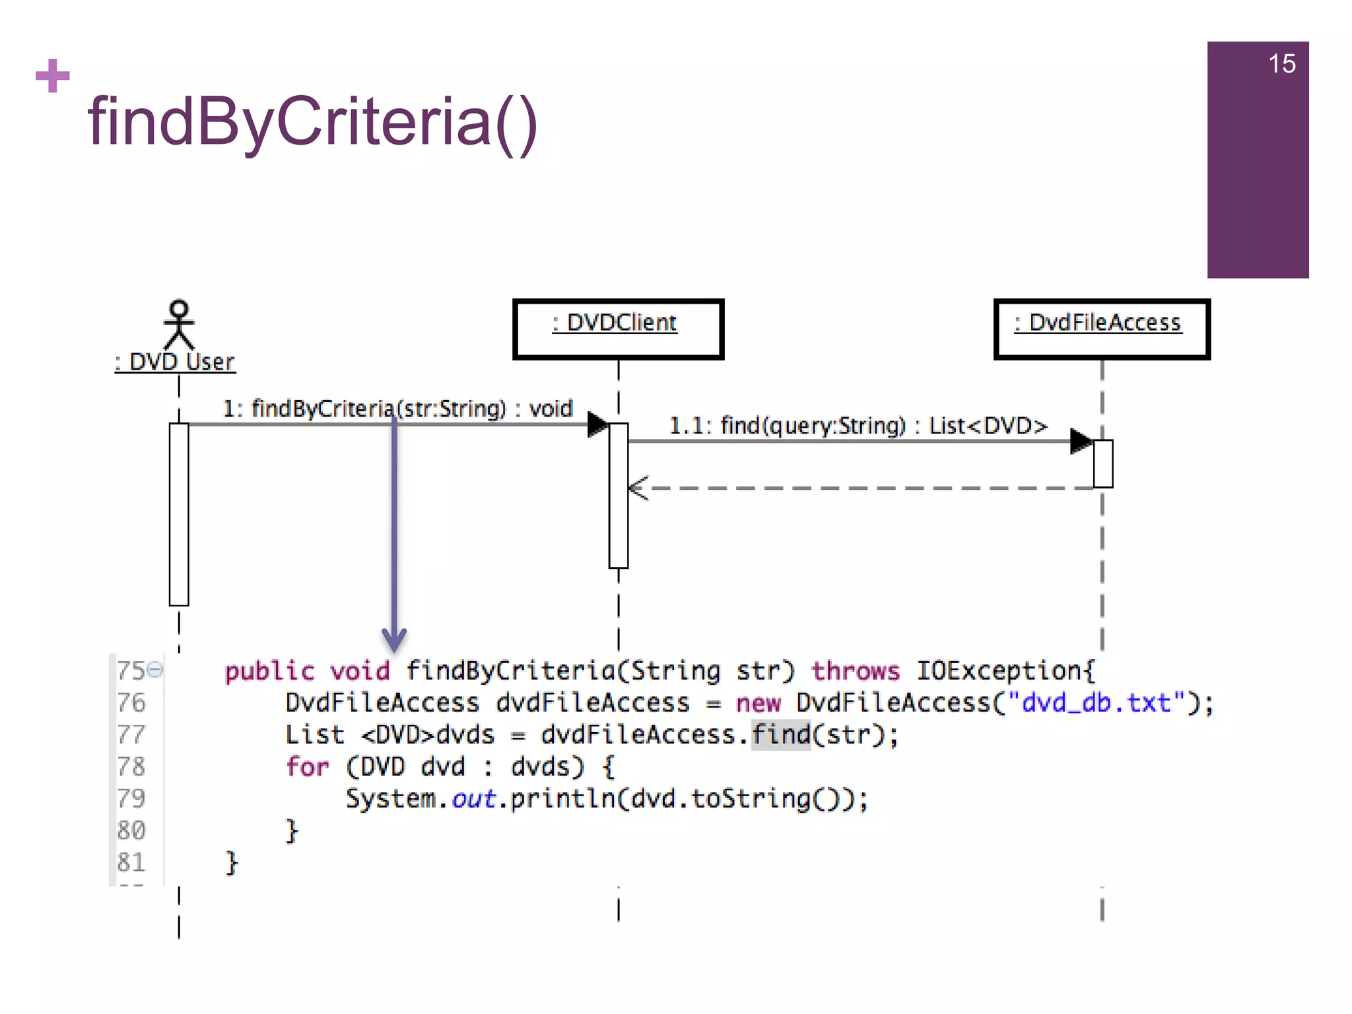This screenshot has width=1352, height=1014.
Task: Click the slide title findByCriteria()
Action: pos(312,122)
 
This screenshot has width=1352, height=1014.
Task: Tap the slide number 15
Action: pos(1281,64)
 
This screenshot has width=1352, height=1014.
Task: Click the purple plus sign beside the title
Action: pos(53,76)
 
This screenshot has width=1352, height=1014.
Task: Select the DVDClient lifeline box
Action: pos(618,329)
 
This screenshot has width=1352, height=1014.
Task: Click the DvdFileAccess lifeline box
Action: pos(1101,329)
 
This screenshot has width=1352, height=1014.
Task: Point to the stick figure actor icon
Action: pos(179,324)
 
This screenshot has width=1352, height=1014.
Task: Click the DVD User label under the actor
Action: pos(176,362)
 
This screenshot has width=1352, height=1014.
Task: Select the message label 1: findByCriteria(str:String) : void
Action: pos(397,409)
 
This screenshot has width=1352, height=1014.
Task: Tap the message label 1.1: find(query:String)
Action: pos(858,426)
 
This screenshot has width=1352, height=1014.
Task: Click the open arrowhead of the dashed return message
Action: pos(638,489)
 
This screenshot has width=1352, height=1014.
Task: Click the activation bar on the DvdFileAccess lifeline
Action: pos(1102,463)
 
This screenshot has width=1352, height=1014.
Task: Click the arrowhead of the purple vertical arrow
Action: pos(394,639)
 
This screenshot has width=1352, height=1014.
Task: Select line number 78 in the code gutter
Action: pos(131,766)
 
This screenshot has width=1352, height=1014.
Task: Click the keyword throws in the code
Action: pos(856,671)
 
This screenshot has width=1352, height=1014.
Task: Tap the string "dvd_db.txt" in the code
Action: pos(1096,703)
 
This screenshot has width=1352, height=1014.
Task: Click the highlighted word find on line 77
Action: pos(781,735)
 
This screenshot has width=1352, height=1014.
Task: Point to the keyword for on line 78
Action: pos(307,767)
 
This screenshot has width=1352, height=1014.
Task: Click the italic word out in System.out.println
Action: pos(473,799)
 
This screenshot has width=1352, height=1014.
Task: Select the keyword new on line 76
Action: pos(759,703)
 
